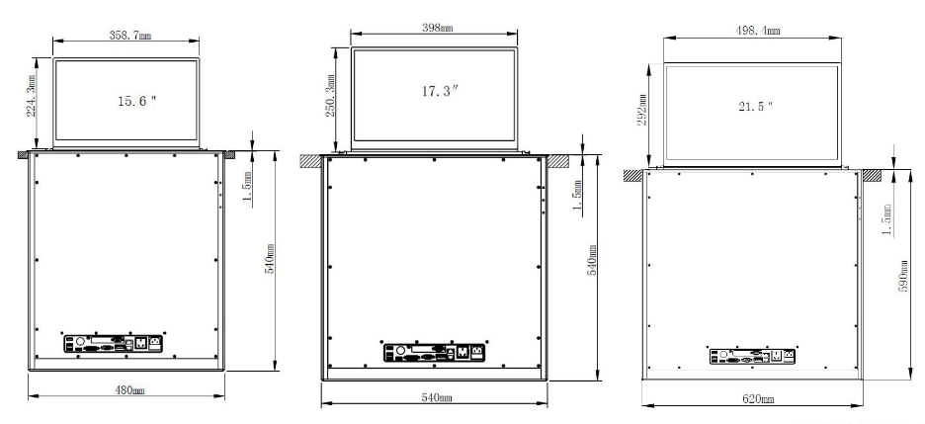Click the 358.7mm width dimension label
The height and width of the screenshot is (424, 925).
click(x=129, y=35)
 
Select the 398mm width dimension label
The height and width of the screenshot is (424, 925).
click(x=437, y=28)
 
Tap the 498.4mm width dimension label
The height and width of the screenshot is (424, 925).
click(x=757, y=31)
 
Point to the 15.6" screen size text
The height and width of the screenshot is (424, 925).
click(x=136, y=101)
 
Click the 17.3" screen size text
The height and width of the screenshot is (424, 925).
click(x=440, y=91)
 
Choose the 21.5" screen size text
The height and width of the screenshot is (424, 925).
click(x=756, y=107)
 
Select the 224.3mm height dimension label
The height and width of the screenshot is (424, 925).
click(x=32, y=95)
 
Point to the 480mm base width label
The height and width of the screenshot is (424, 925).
click(x=129, y=389)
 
